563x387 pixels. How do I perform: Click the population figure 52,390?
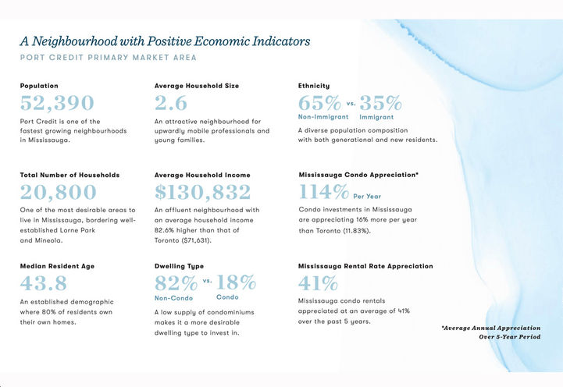(57, 103)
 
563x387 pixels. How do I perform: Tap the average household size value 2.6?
(171, 103)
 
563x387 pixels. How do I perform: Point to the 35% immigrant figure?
(380, 103)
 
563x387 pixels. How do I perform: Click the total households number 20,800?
(59, 193)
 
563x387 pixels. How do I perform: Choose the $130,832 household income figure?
(202, 193)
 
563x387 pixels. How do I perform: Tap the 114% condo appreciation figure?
(324, 192)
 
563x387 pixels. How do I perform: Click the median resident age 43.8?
(44, 282)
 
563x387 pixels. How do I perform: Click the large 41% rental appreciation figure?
(319, 282)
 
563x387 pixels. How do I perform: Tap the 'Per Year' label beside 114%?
(368, 197)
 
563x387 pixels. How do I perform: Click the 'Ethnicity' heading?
(314, 85)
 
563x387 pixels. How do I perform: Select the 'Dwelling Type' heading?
(179, 266)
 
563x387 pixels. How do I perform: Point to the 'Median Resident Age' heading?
(57, 266)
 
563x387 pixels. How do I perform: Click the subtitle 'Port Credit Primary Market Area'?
(109, 58)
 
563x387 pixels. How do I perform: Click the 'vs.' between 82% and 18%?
(207, 280)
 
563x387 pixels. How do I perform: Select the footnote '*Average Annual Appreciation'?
(490, 328)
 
